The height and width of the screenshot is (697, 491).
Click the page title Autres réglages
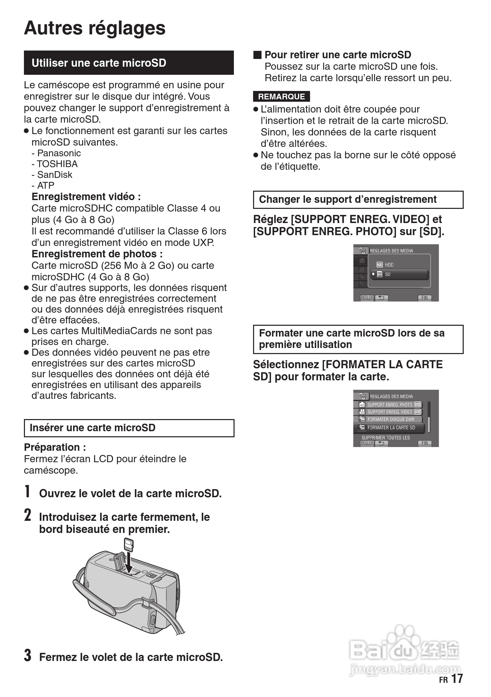(95, 28)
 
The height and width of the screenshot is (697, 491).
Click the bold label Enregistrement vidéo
(86, 197)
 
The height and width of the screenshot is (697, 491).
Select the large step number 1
(28, 492)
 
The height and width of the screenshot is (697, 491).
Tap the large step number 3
(28, 655)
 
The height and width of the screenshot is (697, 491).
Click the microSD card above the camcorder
(129, 544)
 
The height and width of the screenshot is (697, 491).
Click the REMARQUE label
(281, 97)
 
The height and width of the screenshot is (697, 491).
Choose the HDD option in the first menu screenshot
(389, 265)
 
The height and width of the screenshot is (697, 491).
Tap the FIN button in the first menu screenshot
(425, 298)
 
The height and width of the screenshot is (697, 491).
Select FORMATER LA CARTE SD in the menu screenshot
(391, 428)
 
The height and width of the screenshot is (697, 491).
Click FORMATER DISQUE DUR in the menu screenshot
(391, 419)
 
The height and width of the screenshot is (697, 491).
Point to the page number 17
(457, 678)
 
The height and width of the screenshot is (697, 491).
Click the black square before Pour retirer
(257, 55)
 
